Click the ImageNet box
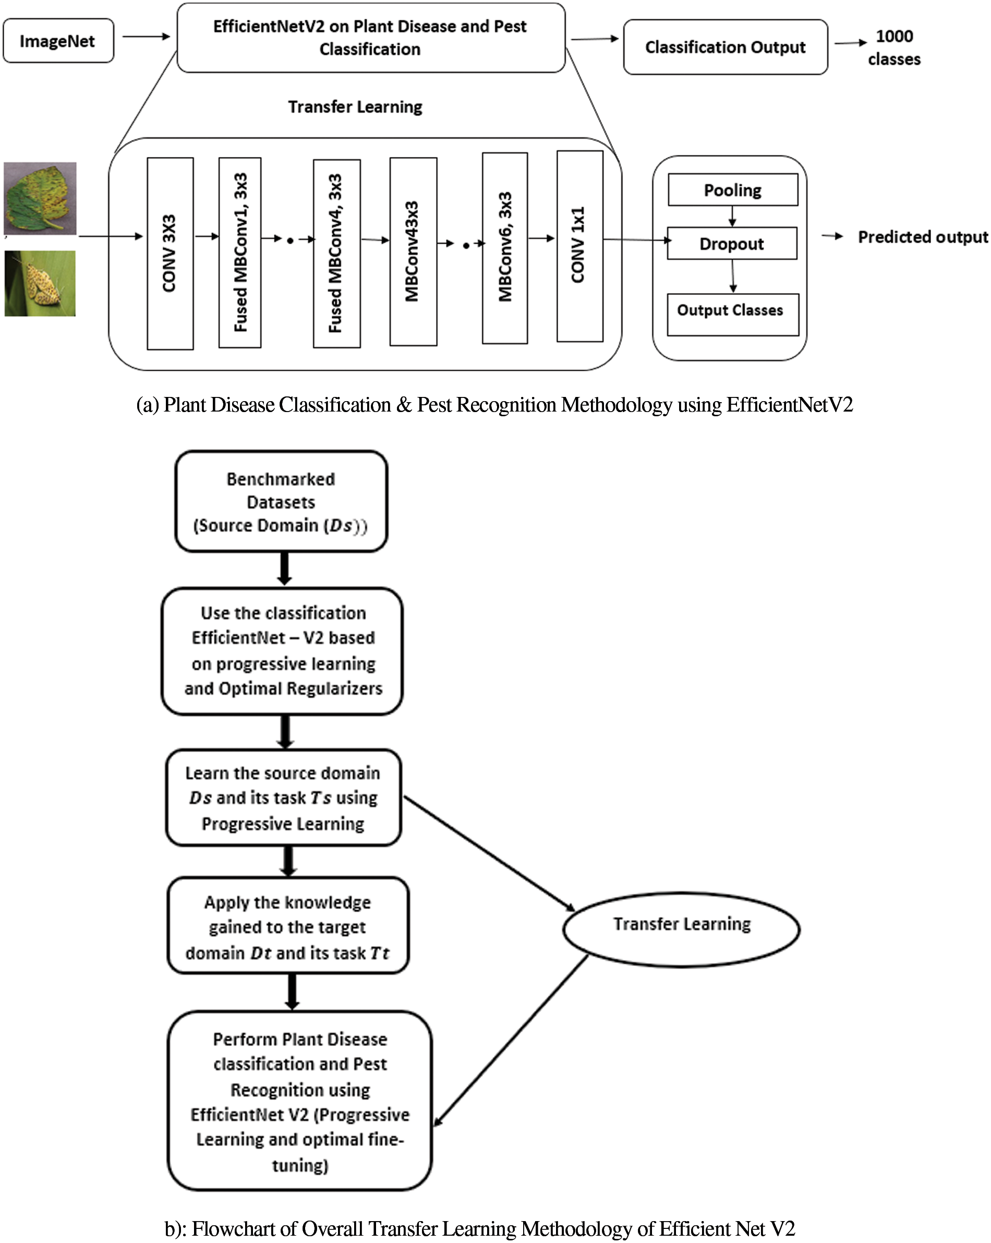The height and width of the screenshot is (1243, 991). click(x=58, y=41)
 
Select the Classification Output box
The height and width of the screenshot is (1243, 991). click(x=724, y=47)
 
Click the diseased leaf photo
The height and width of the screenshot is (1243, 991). click(x=40, y=198)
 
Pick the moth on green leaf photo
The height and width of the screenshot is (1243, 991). click(x=40, y=283)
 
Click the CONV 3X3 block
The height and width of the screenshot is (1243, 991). click(x=170, y=254)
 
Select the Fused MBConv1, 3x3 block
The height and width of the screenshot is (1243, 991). click(x=240, y=252)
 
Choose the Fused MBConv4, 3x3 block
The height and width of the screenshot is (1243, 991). click(x=336, y=254)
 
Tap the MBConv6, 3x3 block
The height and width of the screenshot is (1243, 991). click(x=504, y=248)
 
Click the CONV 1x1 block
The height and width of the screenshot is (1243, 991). click(x=579, y=246)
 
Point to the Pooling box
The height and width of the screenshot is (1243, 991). click(x=732, y=190)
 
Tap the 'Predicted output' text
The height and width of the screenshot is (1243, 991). click(x=922, y=237)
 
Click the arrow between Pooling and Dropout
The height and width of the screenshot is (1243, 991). click(x=732, y=216)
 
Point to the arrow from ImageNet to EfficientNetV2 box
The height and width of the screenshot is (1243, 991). click(x=146, y=37)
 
